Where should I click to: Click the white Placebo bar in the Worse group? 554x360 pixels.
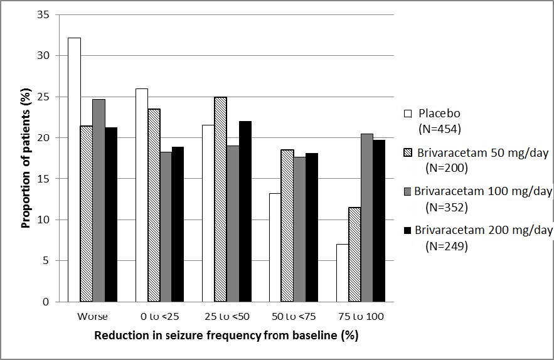coord(74,169)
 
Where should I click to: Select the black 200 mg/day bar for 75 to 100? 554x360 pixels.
coord(380,221)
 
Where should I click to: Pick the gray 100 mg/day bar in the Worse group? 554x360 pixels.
coord(99,200)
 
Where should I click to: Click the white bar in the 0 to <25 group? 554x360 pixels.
coord(142,195)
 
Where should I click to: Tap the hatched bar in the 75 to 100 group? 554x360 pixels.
coord(355,255)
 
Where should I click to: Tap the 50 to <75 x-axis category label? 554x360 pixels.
coord(294,316)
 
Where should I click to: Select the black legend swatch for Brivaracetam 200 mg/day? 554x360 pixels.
coord(407,230)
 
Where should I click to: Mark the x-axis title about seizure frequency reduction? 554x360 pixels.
coord(226,336)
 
